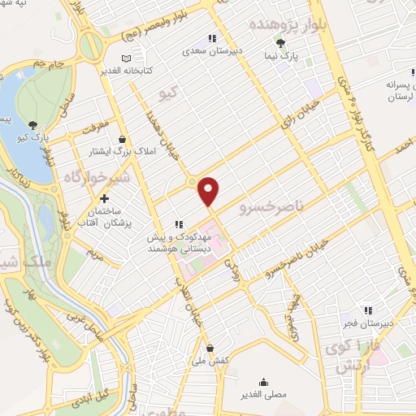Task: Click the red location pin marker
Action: click(210, 190)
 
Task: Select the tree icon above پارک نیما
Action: click(281, 43)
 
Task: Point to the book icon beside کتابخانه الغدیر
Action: click(125, 58)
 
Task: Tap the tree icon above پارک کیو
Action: click(32, 124)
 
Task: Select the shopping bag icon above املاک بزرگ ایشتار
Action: click(122, 138)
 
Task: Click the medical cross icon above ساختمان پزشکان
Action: click(104, 199)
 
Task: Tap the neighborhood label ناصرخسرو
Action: click(271, 209)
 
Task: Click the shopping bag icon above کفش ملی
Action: click(210, 348)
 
